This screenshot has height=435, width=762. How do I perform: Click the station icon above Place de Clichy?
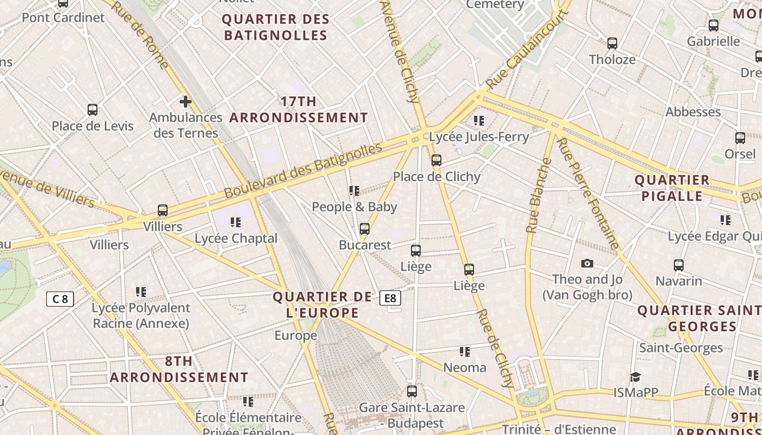click(x=436, y=160)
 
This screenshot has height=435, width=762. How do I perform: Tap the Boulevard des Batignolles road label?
click(x=303, y=171)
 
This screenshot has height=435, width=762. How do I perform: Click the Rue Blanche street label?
click(x=539, y=196)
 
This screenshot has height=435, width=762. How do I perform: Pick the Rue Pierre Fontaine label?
click(x=588, y=193)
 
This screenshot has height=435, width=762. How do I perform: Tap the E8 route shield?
click(x=390, y=298)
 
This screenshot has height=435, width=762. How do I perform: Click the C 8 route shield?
click(x=60, y=299)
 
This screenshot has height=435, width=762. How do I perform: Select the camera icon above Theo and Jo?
click(x=587, y=264)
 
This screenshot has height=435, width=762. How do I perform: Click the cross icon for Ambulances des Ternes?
click(x=186, y=101)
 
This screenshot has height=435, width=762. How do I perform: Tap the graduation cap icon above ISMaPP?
click(x=635, y=377)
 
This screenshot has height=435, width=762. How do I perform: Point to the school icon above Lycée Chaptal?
click(x=236, y=222)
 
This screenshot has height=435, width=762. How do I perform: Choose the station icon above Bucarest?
click(x=365, y=229)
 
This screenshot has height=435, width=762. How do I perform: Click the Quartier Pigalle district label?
click(x=672, y=188)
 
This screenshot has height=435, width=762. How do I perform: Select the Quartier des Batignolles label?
click(x=276, y=27)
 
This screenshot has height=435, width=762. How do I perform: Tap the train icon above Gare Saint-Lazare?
click(x=412, y=391)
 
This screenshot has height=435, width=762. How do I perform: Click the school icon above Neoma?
click(x=464, y=352)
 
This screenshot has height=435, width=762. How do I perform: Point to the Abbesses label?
click(x=693, y=112)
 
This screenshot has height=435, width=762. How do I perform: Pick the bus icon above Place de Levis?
click(x=93, y=110)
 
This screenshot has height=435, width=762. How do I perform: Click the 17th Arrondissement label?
click(x=299, y=109)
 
